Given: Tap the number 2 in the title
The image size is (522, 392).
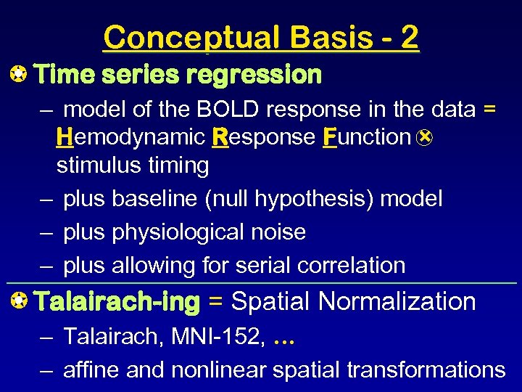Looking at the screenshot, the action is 409,37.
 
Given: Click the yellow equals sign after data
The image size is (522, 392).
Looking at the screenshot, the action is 489,110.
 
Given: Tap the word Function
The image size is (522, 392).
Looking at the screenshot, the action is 367,137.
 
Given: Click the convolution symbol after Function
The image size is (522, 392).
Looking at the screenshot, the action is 426,137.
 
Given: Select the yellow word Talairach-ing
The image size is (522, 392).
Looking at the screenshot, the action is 117,301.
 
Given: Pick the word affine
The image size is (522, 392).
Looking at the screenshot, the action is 92,369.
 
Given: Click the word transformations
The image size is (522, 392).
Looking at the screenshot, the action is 426,369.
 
